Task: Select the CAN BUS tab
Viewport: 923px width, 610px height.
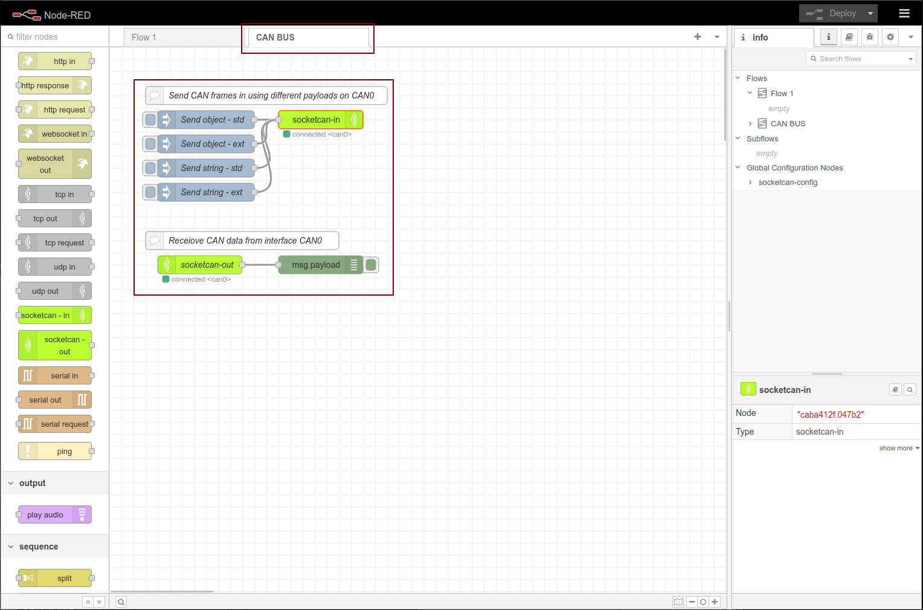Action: pos(308,37)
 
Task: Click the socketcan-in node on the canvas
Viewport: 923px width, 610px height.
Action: pos(321,120)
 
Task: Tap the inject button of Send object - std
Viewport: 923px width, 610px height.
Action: pos(150,120)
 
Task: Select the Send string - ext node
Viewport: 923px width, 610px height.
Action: pos(206,192)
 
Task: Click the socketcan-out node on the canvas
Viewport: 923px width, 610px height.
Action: pos(200,265)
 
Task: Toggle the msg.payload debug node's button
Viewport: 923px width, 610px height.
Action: pos(371,265)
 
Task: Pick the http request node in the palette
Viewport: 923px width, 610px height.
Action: pos(55,109)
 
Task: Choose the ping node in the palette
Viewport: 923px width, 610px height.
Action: pos(55,451)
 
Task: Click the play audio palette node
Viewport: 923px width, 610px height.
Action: pos(55,514)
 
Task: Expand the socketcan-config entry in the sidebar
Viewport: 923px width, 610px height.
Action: pos(750,183)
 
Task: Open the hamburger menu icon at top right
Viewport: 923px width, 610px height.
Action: pos(904,14)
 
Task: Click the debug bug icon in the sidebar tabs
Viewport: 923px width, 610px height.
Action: pos(870,37)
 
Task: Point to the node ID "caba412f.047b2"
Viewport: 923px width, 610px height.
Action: pos(830,415)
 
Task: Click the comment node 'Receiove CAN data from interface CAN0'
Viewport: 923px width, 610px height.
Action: pos(242,241)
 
